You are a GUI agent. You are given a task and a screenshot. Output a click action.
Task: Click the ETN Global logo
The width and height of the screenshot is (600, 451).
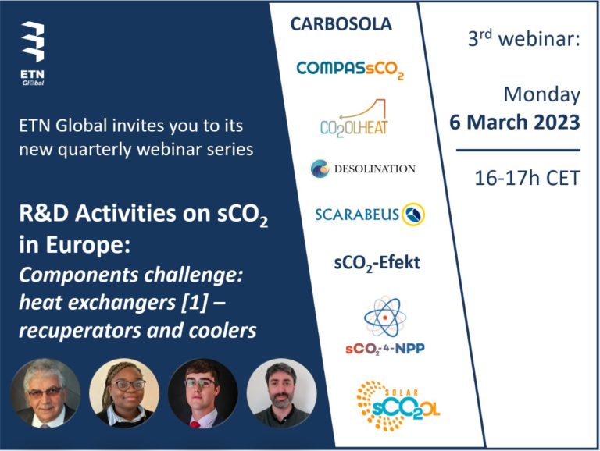pos(33,54)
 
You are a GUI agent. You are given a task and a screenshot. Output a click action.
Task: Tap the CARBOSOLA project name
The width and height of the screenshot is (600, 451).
pos(341,24)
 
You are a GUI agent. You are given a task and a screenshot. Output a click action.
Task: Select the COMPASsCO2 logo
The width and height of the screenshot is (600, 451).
pos(350,69)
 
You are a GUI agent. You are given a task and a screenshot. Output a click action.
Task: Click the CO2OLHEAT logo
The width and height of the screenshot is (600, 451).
pos(354,118)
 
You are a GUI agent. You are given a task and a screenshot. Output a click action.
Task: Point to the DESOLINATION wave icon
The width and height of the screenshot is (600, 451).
pos(320,169)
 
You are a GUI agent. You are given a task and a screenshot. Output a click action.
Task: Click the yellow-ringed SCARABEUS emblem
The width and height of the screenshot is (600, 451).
pos(413,214)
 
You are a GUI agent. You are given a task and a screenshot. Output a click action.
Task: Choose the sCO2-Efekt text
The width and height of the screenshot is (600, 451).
pos(377,263)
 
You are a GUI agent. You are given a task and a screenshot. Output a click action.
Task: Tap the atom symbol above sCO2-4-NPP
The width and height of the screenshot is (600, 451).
pos(385,317)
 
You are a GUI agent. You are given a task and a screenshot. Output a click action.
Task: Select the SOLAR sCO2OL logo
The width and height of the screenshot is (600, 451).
pos(398,406)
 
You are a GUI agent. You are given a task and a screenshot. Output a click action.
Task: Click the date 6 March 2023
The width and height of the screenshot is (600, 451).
pos(515,122)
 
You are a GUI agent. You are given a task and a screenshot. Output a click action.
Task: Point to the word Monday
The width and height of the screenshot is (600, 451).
pos(542,94)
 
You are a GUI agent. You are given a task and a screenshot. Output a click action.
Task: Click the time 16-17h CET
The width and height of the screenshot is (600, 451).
pos(527,178)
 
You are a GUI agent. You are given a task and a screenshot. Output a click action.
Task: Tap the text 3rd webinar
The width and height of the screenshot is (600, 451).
pos(524,37)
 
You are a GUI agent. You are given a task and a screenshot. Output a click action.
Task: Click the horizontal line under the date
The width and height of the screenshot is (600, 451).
pos(518,151)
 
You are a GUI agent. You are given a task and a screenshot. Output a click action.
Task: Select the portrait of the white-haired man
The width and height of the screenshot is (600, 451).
pos(45,393)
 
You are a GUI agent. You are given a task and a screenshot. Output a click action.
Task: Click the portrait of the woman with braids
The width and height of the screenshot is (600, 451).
pos(124,393)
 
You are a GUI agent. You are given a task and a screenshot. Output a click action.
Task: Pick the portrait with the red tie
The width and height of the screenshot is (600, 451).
pos(203,393)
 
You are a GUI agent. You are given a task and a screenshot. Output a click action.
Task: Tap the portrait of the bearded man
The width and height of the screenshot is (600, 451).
pos(281,393)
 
